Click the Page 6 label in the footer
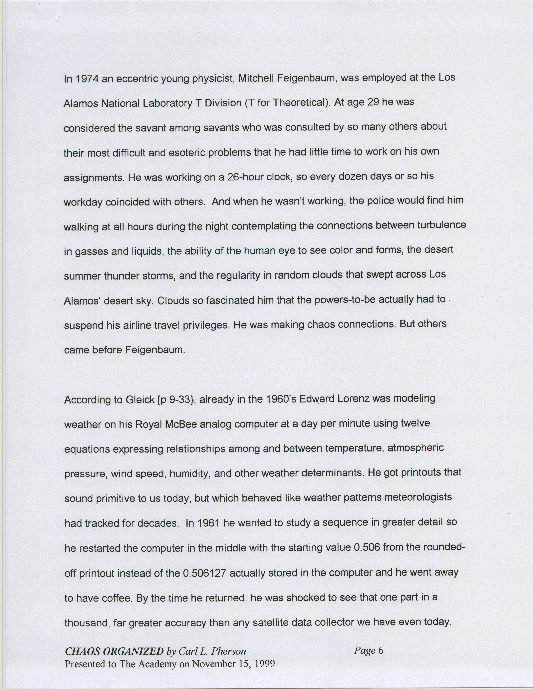(x=368, y=650)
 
